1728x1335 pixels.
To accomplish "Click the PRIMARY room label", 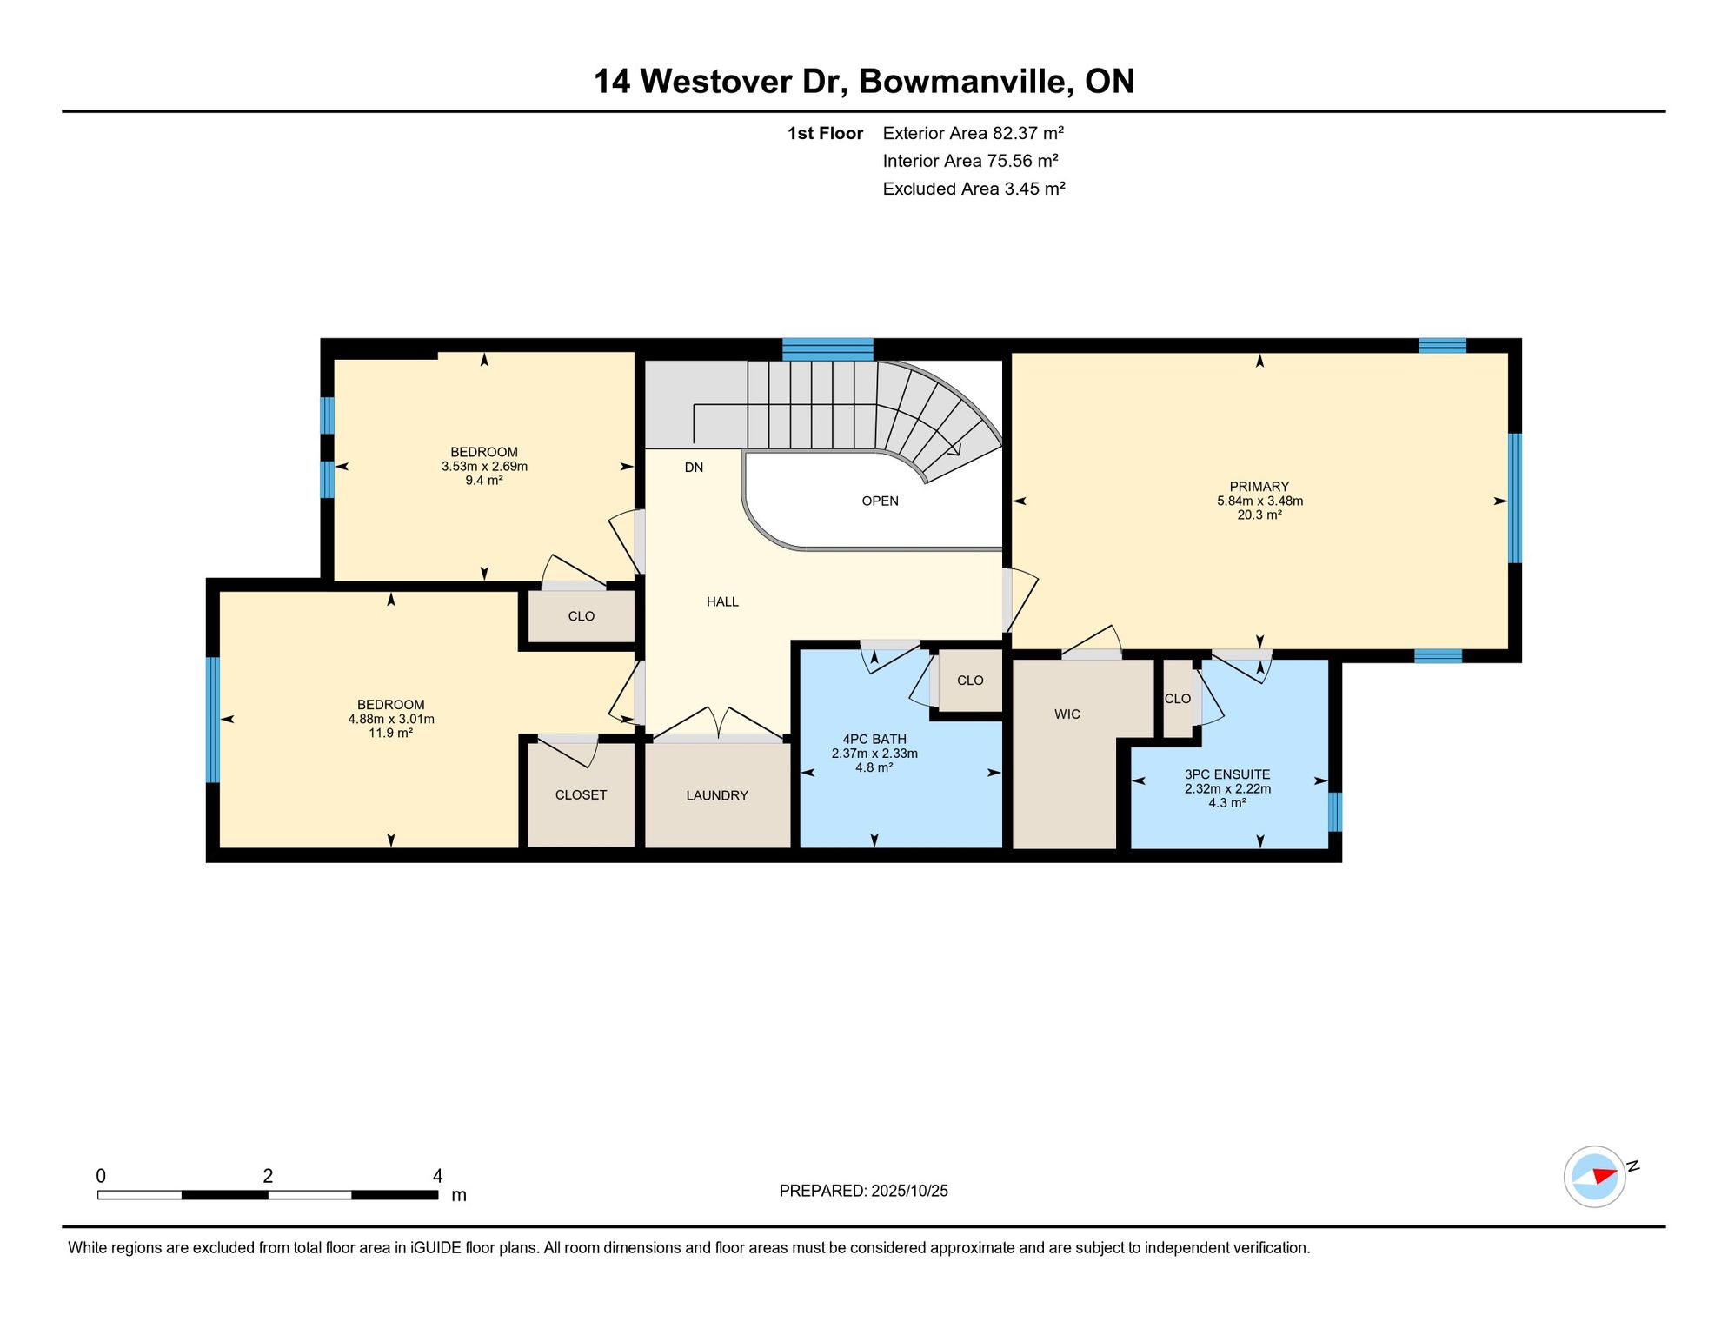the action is coord(1259,487).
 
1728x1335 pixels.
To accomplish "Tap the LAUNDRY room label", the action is coord(717,795).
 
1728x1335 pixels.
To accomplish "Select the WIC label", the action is coord(1067,714).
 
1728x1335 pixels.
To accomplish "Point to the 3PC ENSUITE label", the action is coord(1227,774).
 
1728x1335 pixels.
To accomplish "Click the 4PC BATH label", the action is coord(874,740).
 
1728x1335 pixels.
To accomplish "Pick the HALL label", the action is coord(722,601).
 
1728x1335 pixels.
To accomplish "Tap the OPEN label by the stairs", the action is coord(880,501).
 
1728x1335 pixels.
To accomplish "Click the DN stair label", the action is coord(694,468).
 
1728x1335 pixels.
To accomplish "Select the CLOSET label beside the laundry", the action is coord(581,795).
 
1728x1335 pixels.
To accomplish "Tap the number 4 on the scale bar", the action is coord(437,1176).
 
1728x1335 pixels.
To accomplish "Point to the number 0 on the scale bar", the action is coord(101,1176).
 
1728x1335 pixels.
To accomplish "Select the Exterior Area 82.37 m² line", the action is coord(974,133).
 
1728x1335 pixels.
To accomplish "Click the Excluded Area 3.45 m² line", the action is coord(974,189).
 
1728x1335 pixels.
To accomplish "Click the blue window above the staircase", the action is coord(827,349).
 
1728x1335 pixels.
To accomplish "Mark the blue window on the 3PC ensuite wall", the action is coord(1335,812).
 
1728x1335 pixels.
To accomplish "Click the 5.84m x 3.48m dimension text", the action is coord(1259,501).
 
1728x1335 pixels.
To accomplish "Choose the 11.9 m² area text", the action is coord(391,733).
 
